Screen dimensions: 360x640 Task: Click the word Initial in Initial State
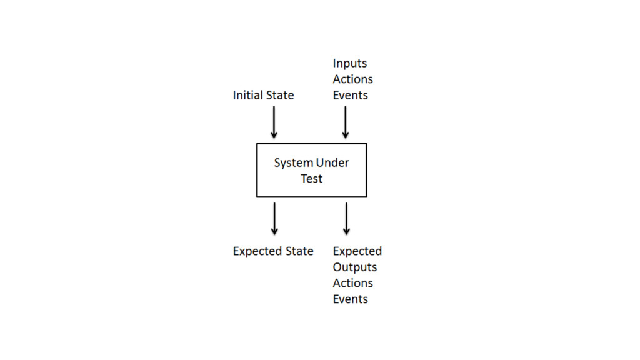pyautogui.click(x=247, y=95)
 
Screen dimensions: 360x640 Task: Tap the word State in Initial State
pyautogui.click(x=279, y=95)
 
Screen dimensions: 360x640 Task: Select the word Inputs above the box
pyautogui.click(x=350, y=63)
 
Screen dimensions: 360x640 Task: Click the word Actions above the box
pyautogui.click(x=352, y=79)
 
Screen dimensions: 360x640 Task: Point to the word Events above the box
pyautogui.click(x=350, y=95)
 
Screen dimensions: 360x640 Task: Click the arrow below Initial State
pyautogui.click(x=274, y=122)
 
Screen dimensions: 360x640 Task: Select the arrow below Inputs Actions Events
pyautogui.click(x=345, y=122)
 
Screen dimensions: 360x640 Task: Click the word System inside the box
pyautogui.click(x=294, y=162)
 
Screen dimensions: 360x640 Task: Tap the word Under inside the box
pyautogui.click(x=332, y=162)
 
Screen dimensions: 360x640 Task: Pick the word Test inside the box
pyautogui.click(x=312, y=179)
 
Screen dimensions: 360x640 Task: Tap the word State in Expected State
pyautogui.click(x=299, y=251)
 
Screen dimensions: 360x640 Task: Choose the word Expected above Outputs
pyautogui.click(x=357, y=251)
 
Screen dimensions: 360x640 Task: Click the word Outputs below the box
pyautogui.click(x=354, y=267)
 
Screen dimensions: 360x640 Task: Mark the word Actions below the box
pyautogui.click(x=352, y=283)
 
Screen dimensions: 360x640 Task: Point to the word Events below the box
pyautogui.click(x=350, y=299)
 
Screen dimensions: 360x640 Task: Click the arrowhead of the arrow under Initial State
pyautogui.click(x=274, y=134)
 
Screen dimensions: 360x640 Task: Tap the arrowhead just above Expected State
pyautogui.click(x=274, y=231)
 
